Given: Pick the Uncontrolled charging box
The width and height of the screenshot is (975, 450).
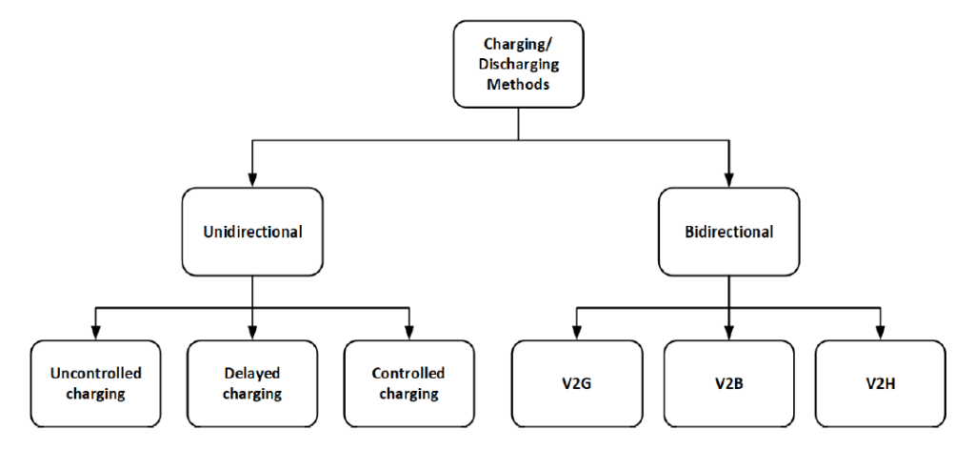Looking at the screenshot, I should (95, 381).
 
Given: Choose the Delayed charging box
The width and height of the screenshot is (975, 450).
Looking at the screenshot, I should (252, 381).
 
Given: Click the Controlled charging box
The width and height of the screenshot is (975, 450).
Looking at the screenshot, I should (409, 381).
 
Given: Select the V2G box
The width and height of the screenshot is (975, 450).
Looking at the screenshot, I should (573, 381).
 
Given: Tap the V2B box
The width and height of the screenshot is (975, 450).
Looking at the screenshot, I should (728, 381).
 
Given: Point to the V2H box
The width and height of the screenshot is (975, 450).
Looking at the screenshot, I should (881, 381).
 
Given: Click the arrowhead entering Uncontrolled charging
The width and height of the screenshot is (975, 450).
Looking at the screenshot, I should (95, 331).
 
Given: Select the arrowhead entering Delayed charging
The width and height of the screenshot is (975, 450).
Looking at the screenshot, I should (252, 331).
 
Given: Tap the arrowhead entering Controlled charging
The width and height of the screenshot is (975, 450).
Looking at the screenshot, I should (409, 331).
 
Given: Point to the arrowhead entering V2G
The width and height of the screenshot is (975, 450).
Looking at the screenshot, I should (573, 331).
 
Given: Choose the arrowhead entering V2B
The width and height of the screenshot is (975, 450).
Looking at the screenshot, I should (728, 331).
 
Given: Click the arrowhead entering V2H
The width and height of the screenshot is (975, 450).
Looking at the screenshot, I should (881, 331).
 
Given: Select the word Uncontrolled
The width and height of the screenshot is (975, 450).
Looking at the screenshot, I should (95, 373).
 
